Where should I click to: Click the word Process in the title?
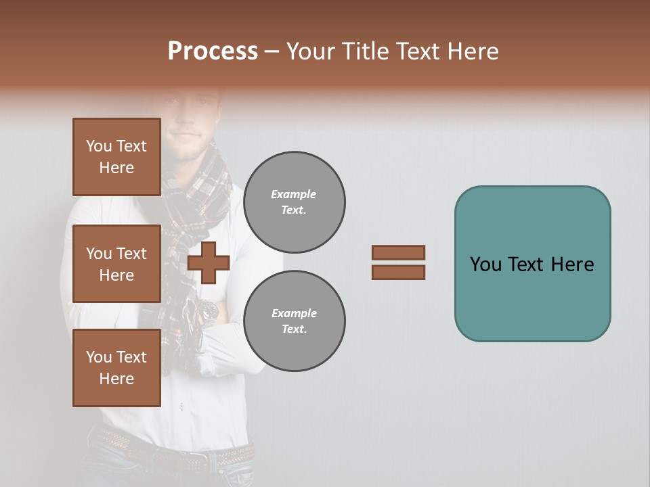(x=213, y=51)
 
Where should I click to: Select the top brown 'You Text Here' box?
(x=116, y=157)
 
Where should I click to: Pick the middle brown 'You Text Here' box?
(x=116, y=264)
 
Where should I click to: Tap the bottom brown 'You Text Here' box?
(x=116, y=368)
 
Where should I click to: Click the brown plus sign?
(x=209, y=263)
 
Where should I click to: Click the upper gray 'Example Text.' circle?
(x=294, y=202)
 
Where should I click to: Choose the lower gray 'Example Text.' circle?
(x=294, y=321)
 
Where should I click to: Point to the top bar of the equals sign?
(x=398, y=252)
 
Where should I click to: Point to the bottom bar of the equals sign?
(x=398, y=273)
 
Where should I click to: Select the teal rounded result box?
(x=532, y=264)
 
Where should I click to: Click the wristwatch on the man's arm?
(x=208, y=312)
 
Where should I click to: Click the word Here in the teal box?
(x=572, y=264)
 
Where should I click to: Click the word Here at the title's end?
(x=472, y=51)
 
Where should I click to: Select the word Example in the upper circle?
(x=294, y=194)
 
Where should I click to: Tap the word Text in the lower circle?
(x=293, y=329)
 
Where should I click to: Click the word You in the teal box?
(x=486, y=264)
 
